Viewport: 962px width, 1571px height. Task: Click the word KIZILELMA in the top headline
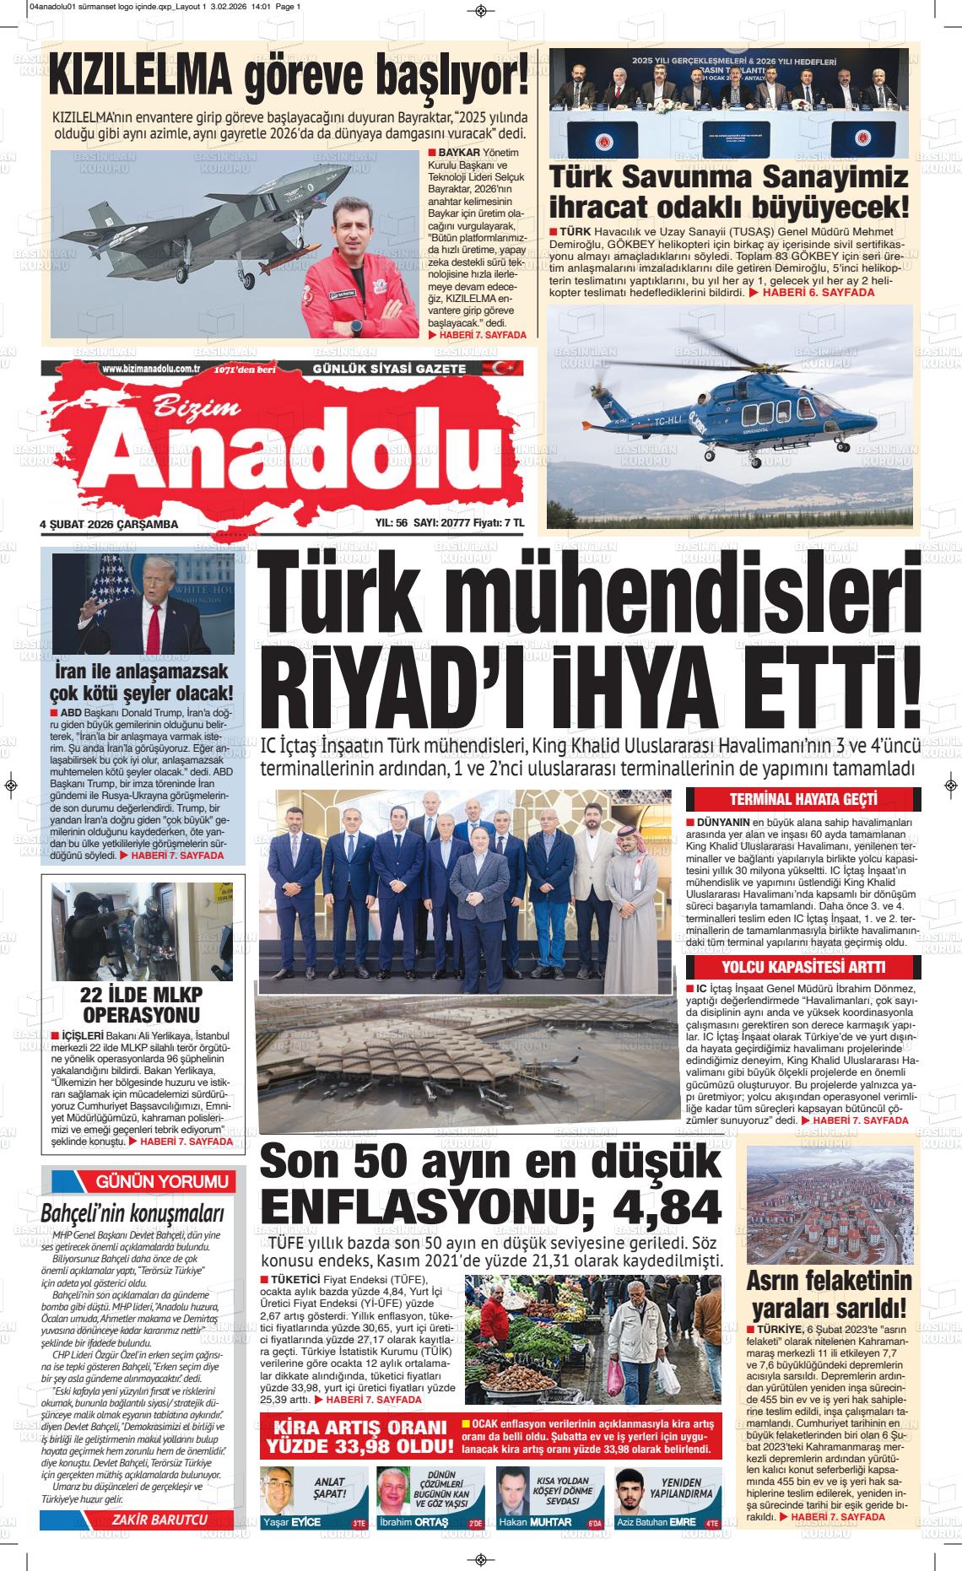coord(140,78)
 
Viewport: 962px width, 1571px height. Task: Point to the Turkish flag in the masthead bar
coord(484,368)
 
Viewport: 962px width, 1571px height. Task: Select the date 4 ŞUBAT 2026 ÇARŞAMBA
coord(109,524)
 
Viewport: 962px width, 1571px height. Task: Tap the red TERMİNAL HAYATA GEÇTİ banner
coord(797,799)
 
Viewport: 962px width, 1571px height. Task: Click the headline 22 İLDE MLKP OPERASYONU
coord(141,1003)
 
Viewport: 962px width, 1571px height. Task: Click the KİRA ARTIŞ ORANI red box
coord(359,1436)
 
